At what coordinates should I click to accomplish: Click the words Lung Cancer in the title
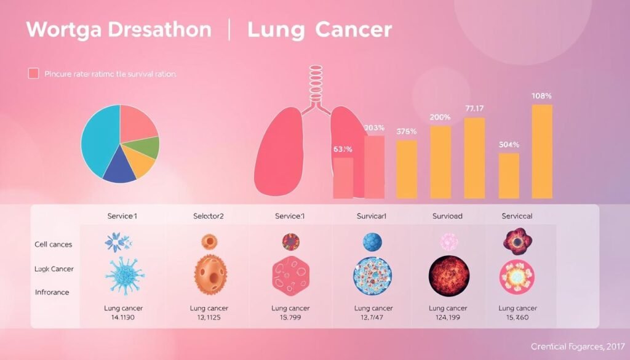pyautogui.click(x=319, y=30)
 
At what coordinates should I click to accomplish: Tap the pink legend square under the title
pyautogui.click(x=34, y=74)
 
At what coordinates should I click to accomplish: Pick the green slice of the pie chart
pyautogui.click(x=148, y=146)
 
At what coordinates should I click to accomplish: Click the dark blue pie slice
pyautogui.click(x=120, y=172)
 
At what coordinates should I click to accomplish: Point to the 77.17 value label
pyautogui.click(x=474, y=108)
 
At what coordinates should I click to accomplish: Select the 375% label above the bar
pyautogui.click(x=407, y=131)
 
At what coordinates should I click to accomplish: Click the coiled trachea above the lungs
pyautogui.click(x=314, y=84)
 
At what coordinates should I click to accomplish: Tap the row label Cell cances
pyautogui.click(x=54, y=244)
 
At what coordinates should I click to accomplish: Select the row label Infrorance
pyautogui.click(x=52, y=292)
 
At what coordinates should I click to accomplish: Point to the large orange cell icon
pyautogui.click(x=210, y=274)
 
